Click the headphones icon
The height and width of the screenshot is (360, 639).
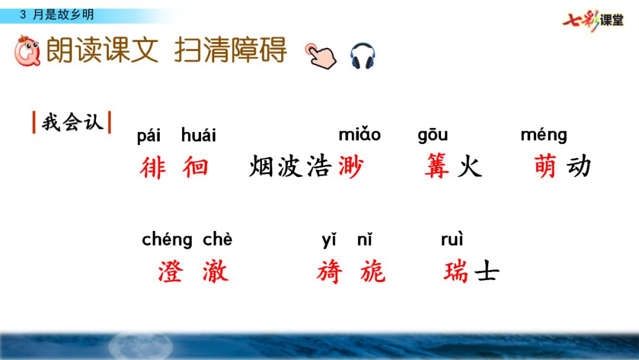point(363,56)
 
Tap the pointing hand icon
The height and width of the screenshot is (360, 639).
point(320,56)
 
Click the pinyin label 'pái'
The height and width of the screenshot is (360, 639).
point(149,136)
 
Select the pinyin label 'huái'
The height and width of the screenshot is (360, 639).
point(199,136)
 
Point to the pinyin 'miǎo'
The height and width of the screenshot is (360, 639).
point(359,135)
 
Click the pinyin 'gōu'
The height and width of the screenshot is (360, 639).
point(433,136)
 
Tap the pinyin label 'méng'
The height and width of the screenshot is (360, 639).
point(543,136)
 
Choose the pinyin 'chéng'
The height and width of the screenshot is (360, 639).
point(167,240)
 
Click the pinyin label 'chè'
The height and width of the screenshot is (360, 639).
point(218,240)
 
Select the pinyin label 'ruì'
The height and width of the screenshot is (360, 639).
point(452,240)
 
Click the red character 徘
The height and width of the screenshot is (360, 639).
point(153,168)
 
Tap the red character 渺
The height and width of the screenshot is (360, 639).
point(350,168)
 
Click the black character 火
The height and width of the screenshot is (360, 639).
point(469,168)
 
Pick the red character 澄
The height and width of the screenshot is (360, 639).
point(170,272)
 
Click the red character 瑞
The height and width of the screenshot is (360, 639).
point(456,272)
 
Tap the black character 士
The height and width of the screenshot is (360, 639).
point(486,272)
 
